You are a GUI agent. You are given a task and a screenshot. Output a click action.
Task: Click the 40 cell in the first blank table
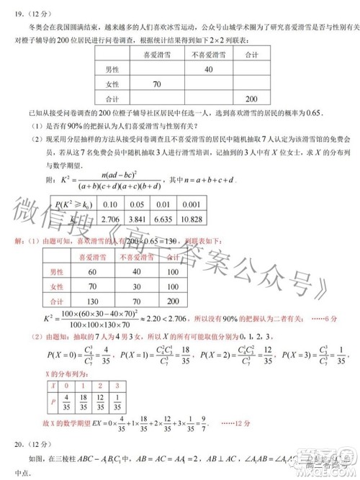(x=208, y=69)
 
